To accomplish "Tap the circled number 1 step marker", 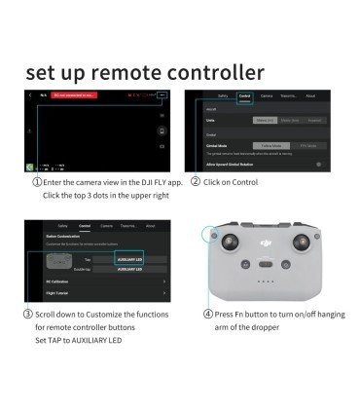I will (x=37, y=181).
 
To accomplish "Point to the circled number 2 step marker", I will (x=196, y=181).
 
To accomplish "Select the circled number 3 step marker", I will (x=28, y=315).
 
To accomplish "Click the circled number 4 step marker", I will (x=208, y=315).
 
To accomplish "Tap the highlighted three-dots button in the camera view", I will (x=162, y=96).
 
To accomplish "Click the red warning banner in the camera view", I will (x=78, y=96).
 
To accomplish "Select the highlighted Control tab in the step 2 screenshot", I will (x=243, y=95).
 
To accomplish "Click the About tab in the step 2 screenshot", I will (x=310, y=95).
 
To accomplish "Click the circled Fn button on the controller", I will (x=207, y=235).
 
